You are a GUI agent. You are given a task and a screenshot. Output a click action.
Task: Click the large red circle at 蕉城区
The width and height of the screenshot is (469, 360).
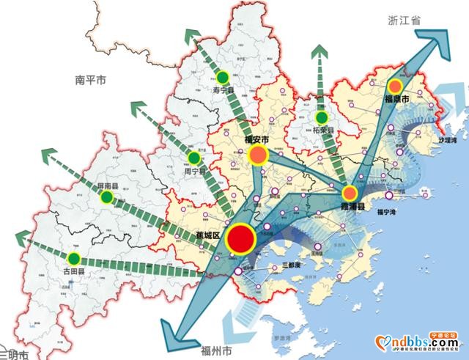(240, 238)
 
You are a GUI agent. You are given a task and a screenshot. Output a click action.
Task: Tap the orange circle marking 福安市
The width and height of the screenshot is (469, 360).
(259, 154)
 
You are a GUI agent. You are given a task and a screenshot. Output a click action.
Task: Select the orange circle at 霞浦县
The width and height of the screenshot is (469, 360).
(350, 193)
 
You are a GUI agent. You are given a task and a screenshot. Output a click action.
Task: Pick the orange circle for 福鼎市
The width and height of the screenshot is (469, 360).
(396, 85)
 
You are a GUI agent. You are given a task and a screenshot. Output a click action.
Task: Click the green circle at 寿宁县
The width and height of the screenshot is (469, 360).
(222, 77)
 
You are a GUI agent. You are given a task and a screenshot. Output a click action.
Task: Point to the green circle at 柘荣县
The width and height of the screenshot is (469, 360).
(321, 117)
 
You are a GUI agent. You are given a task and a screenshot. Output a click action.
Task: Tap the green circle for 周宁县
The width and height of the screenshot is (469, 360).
(194, 158)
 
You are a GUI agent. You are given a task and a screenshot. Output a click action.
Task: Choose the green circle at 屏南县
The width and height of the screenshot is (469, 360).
(107, 197)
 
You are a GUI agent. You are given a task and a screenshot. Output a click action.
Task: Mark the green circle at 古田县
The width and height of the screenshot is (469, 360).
(73, 258)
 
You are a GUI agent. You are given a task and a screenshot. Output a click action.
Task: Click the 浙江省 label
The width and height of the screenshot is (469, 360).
(405, 23)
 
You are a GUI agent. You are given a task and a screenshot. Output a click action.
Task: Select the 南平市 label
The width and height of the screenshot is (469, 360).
(91, 80)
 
